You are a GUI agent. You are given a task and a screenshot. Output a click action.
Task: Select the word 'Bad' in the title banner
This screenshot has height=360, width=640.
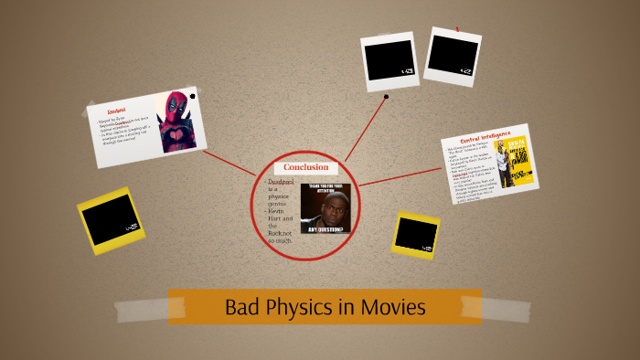241,308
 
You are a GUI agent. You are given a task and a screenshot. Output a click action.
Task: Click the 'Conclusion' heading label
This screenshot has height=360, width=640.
306,167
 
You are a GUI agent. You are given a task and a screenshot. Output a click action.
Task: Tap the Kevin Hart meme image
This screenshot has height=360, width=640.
325,209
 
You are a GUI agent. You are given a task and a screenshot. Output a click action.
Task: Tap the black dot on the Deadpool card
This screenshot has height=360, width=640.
192,121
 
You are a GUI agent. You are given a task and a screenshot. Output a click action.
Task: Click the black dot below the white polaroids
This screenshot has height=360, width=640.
387,96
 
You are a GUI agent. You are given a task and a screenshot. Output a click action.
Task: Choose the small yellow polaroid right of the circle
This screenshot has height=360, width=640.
416,235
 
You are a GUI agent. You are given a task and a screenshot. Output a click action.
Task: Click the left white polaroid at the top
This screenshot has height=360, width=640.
389,61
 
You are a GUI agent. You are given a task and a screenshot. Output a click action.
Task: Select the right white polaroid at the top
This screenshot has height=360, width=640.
453,56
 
